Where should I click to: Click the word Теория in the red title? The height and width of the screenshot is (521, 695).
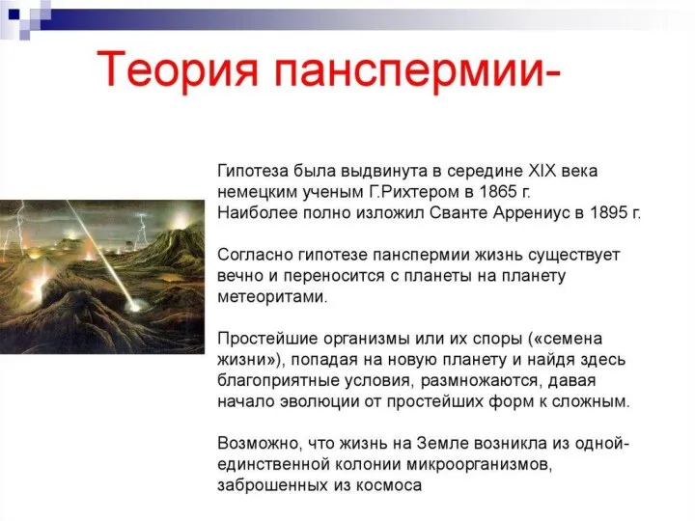(x=177, y=69)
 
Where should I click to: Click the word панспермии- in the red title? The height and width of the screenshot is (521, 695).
(x=418, y=70)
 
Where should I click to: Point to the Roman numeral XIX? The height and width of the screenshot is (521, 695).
(x=542, y=171)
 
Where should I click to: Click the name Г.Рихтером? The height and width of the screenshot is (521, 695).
(x=412, y=192)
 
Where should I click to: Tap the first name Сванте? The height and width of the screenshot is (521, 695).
(x=459, y=212)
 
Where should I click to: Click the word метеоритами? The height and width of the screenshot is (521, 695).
(x=272, y=296)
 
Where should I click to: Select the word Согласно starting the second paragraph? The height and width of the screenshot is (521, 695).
(x=255, y=255)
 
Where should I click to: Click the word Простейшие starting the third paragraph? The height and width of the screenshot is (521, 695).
(x=266, y=339)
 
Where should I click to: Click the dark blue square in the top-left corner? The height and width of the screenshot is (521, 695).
(x=14, y=14)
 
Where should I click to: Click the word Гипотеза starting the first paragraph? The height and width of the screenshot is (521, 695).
(x=254, y=171)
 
